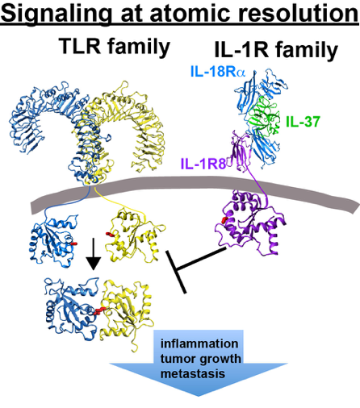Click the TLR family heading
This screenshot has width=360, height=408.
[x=115, y=46]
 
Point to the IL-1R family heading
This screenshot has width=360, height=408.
[x=276, y=50]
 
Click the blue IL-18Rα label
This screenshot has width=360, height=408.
[x=218, y=72]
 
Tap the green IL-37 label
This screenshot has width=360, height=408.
[x=303, y=122]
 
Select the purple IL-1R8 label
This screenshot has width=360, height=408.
[x=203, y=163]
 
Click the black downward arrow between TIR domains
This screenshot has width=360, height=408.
[x=93, y=253]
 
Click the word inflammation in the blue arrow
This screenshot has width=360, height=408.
[x=199, y=343]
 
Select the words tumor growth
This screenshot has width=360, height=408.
[x=200, y=359]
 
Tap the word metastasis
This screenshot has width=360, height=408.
[x=193, y=373]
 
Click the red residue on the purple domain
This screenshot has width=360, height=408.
[x=224, y=220]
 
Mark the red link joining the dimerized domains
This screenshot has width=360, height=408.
[x=101, y=310]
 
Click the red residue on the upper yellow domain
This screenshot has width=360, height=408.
[x=110, y=235]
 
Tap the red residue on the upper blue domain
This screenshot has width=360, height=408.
[x=74, y=244]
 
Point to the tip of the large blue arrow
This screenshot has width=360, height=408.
[x=199, y=396]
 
